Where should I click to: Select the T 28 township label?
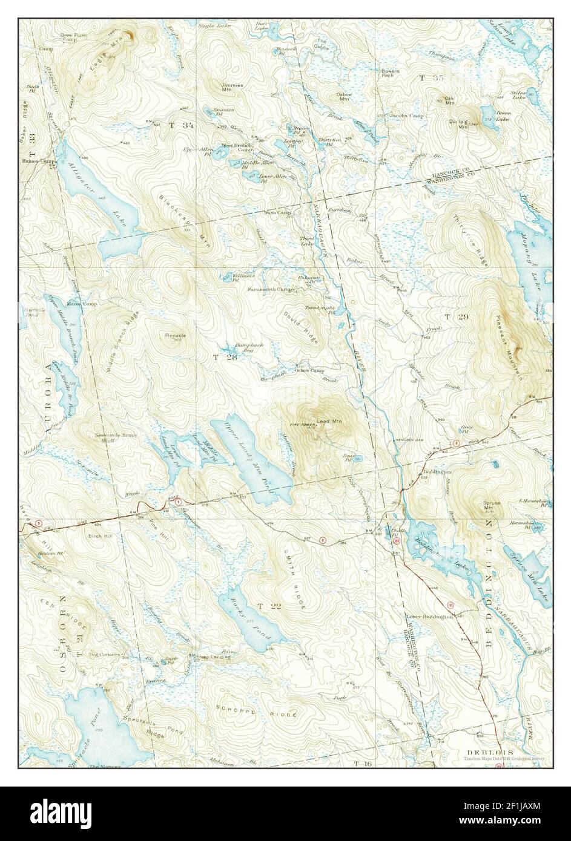coord(223,358)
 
